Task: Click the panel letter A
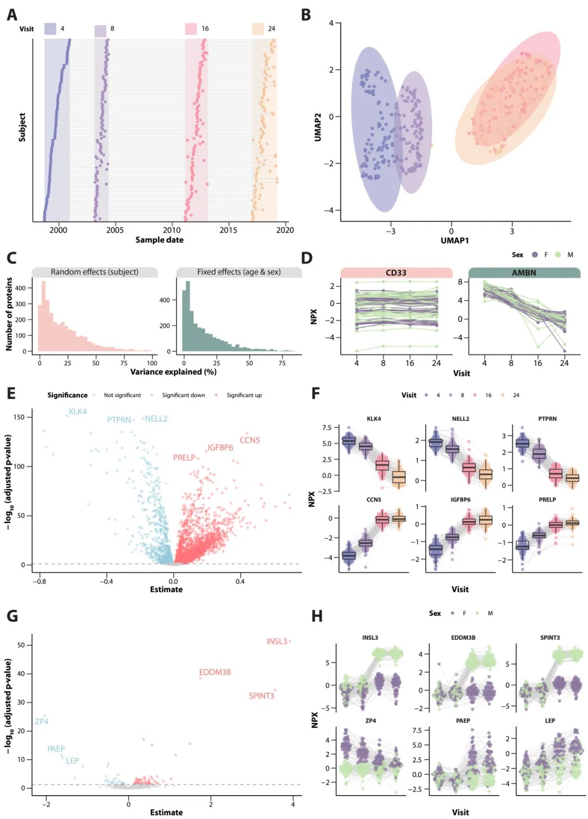11,15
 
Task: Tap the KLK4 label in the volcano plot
78,412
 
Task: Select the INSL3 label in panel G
277,641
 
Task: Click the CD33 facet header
396,273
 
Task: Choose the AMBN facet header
524,273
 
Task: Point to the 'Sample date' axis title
160,240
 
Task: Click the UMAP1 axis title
455,241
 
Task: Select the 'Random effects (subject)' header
95,272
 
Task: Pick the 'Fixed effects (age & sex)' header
239,272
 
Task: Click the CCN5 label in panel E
250,441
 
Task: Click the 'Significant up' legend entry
244,395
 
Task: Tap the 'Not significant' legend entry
122,395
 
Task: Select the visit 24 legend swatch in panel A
258,29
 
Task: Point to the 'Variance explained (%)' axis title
173,372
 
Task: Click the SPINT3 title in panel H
550,638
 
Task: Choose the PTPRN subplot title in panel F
547,419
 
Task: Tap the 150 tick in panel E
19,417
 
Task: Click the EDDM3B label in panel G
215,673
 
